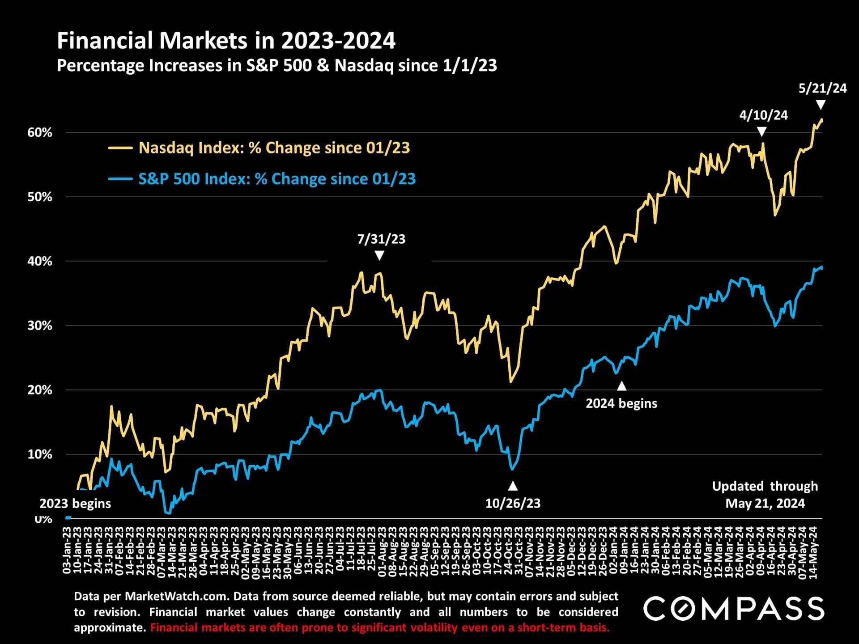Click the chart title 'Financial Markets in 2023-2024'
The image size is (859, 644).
pyautogui.click(x=226, y=41)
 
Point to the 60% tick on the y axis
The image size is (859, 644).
pyautogui.click(x=40, y=132)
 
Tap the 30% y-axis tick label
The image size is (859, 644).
pyautogui.click(x=40, y=326)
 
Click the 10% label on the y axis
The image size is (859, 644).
pyautogui.click(x=40, y=454)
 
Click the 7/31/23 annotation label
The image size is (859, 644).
pyautogui.click(x=381, y=239)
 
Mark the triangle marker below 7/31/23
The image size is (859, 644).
pyautogui.click(x=379, y=255)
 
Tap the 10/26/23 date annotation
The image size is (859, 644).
pyautogui.click(x=513, y=504)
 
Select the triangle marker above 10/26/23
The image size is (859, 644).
pyautogui.click(x=513, y=486)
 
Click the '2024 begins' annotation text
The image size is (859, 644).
pyautogui.click(x=621, y=403)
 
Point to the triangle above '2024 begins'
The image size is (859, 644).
pyautogui.click(x=621, y=386)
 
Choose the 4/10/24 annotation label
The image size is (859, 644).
pyautogui.click(x=763, y=115)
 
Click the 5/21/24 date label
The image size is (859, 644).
pyautogui.click(x=822, y=88)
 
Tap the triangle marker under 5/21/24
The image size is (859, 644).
pyautogui.click(x=821, y=105)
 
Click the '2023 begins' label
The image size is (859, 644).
pyautogui.click(x=75, y=504)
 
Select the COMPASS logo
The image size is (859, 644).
pyautogui.click(x=734, y=609)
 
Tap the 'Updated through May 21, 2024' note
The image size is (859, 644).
pyautogui.click(x=765, y=495)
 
